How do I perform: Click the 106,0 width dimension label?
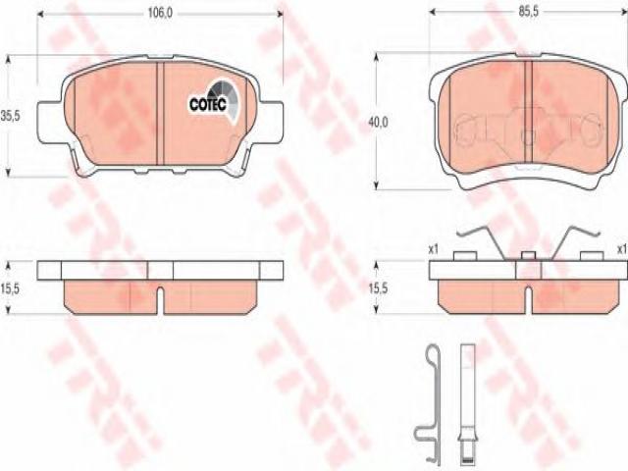160,13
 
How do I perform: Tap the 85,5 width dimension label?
529,12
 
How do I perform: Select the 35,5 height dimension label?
11,117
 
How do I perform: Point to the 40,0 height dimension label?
378,122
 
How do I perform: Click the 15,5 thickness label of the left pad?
10,288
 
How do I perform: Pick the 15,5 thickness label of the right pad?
378,288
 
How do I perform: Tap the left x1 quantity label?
434,249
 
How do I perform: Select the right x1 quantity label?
622,249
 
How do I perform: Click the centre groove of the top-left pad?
160,114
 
